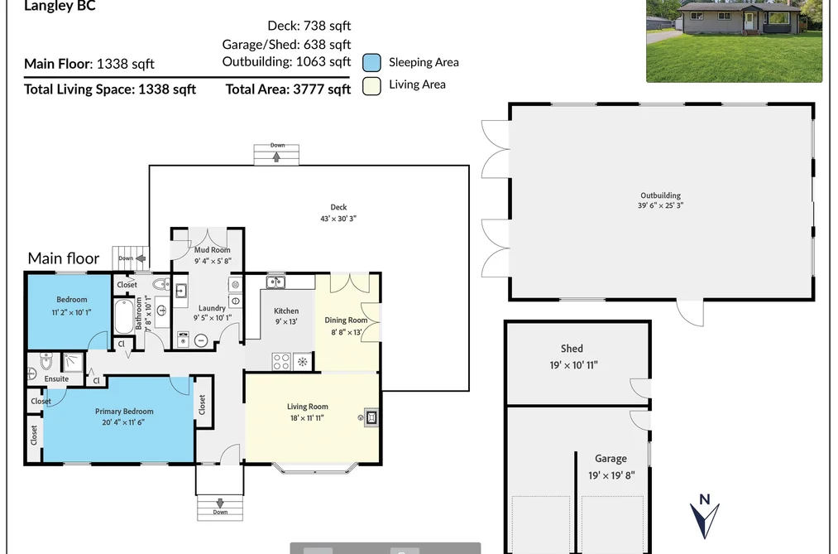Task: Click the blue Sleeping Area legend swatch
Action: click(371, 63)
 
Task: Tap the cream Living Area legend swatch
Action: click(371, 85)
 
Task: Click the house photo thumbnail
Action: click(735, 41)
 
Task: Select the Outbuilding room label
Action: click(661, 195)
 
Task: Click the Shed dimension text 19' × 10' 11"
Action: click(573, 365)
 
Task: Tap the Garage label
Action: click(611, 458)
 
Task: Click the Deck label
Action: click(338, 207)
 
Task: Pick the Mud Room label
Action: click(212, 250)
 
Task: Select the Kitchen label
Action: click(286, 311)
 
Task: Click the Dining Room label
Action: click(347, 320)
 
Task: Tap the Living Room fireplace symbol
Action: click(371, 417)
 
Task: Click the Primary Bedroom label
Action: click(124, 412)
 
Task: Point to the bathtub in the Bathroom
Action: click(124, 316)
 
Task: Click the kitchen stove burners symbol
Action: click(281, 362)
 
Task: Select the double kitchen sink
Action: click(275, 282)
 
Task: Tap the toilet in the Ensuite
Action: click(46, 362)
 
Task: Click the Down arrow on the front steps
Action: click(220, 503)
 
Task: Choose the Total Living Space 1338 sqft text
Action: click(110, 89)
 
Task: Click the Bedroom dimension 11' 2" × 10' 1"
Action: click(72, 312)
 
